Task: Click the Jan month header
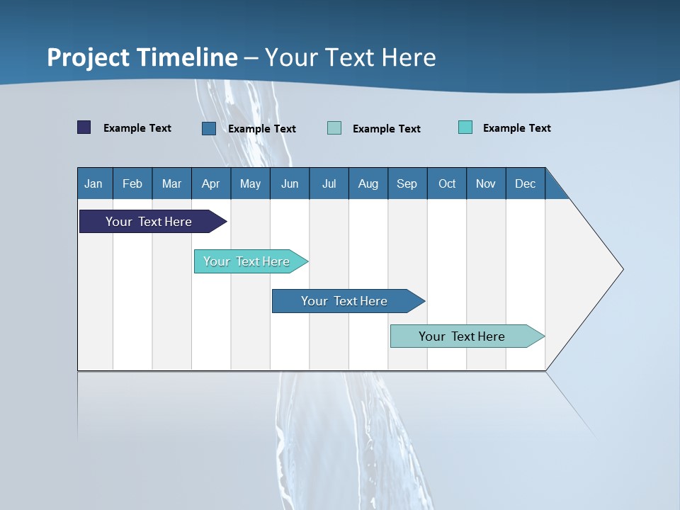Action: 94,183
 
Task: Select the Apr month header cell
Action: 211,183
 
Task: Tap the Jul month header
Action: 329,183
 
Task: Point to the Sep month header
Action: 407,183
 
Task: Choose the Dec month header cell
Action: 526,183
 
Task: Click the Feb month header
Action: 132,183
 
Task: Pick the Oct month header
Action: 447,183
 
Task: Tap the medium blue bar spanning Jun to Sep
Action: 345,301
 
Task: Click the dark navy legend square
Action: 84,127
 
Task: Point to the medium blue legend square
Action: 209,128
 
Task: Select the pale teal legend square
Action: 334,128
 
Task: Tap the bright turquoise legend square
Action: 465,127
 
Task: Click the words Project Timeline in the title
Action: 142,57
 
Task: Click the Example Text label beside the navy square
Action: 137,128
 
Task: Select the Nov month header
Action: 486,183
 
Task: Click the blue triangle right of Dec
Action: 555,188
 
